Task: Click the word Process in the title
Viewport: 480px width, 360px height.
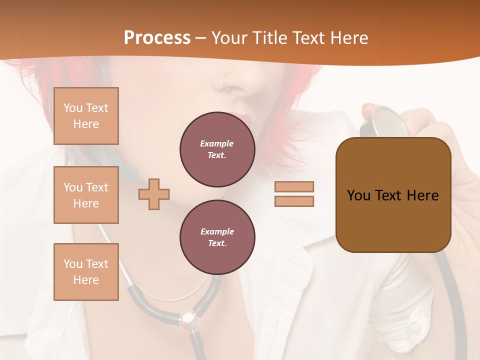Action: tap(157, 37)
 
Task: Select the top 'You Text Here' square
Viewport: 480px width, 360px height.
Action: tap(86, 116)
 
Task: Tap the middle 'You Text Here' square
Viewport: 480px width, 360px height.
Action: tap(86, 195)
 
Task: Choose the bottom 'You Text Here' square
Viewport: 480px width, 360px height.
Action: tap(86, 272)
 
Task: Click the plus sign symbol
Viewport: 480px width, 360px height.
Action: tap(154, 194)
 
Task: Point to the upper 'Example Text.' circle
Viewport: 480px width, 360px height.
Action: tap(217, 149)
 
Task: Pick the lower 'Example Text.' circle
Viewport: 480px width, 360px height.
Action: tap(217, 237)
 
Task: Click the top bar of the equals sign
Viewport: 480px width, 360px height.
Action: tap(294, 186)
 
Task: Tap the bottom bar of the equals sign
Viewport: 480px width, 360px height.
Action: tap(294, 201)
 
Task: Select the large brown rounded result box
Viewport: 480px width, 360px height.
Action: tap(393, 195)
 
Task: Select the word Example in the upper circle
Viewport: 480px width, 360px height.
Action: tap(217, 143)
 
